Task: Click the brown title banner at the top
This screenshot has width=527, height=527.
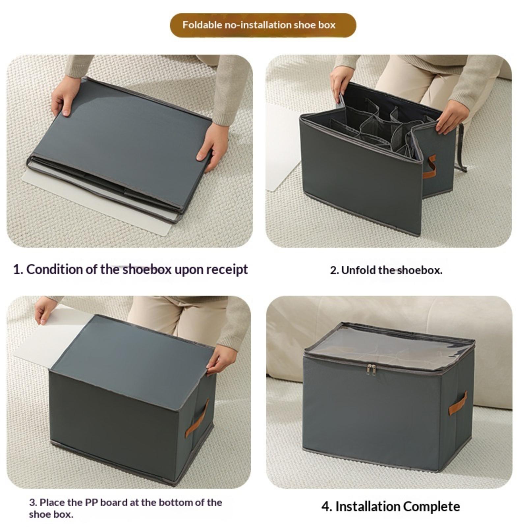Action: [x=263, y=25]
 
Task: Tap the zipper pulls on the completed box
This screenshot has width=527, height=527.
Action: [x=371, y=370]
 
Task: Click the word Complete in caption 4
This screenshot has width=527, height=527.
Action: [x=432, y=506]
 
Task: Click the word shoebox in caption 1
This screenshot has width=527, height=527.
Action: [x=147, y=269]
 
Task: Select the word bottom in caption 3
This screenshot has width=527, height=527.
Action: [x=175, y=502]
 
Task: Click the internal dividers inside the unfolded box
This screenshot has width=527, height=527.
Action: [x=379, y=128]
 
